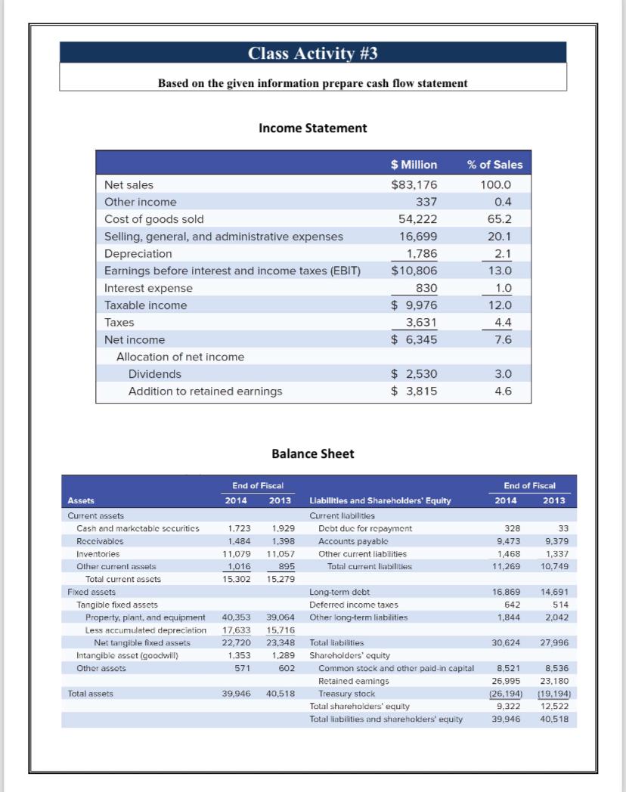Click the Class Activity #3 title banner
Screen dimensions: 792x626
(x=312, y=53)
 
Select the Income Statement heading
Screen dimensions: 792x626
(x=312, y=128)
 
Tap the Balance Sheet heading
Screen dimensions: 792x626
(x=312, y=453)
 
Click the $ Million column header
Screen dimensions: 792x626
(x=414, y=165)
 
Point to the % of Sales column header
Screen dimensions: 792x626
(x=494, y=165)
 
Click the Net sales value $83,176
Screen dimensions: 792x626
(x=414, y=184)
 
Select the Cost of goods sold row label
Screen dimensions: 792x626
(x=154, y=219)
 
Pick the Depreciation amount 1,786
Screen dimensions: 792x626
(x=422, y=254)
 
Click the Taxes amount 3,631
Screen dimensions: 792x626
(x=422, y=323)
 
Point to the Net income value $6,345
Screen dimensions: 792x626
(x=414, y=340)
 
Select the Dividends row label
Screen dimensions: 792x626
(x=155, y=374)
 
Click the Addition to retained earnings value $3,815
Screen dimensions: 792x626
(x=414, y=391)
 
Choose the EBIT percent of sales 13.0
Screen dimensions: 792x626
(x=501, y=271)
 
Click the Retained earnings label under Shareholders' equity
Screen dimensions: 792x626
(x=354, y=681)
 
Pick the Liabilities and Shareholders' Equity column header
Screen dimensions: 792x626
(x=381, y=500)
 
